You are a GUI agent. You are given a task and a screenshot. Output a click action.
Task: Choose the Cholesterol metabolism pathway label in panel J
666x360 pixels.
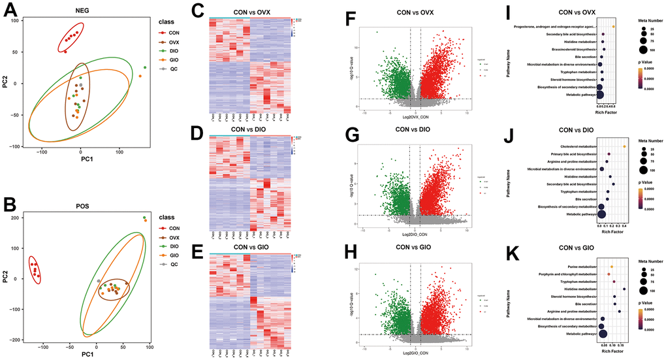(x=579, y=146)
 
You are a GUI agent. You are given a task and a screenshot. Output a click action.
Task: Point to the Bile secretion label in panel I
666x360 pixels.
(x=579, y=56)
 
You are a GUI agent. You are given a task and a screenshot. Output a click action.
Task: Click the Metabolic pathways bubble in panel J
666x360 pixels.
(x=602, y=213)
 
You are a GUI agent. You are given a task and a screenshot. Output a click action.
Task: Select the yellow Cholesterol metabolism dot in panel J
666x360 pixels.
(x=625, y=146)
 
